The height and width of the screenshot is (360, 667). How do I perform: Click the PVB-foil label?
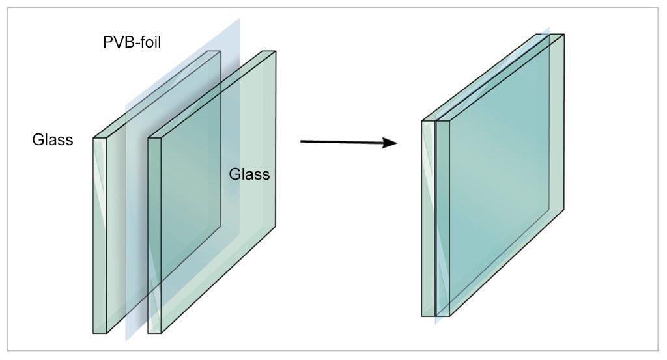coord(132,42)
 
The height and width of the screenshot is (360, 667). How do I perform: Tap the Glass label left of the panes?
coord(53,140)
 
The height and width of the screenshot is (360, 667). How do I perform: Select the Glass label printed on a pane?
coord(249,174)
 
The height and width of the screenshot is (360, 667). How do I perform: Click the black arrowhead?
coord(390,143)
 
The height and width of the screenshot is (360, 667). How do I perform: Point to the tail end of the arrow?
coord(301,141)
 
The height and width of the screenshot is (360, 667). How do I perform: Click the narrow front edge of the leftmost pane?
coord(100,236)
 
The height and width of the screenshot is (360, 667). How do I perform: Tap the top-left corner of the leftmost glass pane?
coord(94,138)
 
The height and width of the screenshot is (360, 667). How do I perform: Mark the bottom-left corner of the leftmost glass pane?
coord(94,333)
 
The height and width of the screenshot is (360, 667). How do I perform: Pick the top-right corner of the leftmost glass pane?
coord(221,51)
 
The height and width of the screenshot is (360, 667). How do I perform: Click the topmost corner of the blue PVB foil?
coord(240,18)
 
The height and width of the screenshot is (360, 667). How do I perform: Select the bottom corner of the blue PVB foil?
coord(126,341)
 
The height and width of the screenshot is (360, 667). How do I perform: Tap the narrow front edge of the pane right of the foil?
coord(155,236)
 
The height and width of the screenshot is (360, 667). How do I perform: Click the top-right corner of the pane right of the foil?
coord(276,51)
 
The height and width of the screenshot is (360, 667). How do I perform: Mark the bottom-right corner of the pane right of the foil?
coord(276,226)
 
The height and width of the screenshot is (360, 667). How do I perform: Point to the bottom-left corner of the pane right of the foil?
coord(149,333)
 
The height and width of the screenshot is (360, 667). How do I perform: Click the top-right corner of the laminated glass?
coord(564,35)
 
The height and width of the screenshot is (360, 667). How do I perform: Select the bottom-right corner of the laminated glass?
coord(564,209)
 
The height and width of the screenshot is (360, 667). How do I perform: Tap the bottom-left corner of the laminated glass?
coord(422,316)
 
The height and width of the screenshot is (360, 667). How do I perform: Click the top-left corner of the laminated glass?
coord(422,121)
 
